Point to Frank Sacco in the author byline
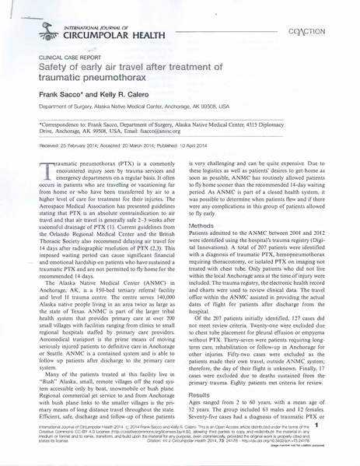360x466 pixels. [x=59, y=92]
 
